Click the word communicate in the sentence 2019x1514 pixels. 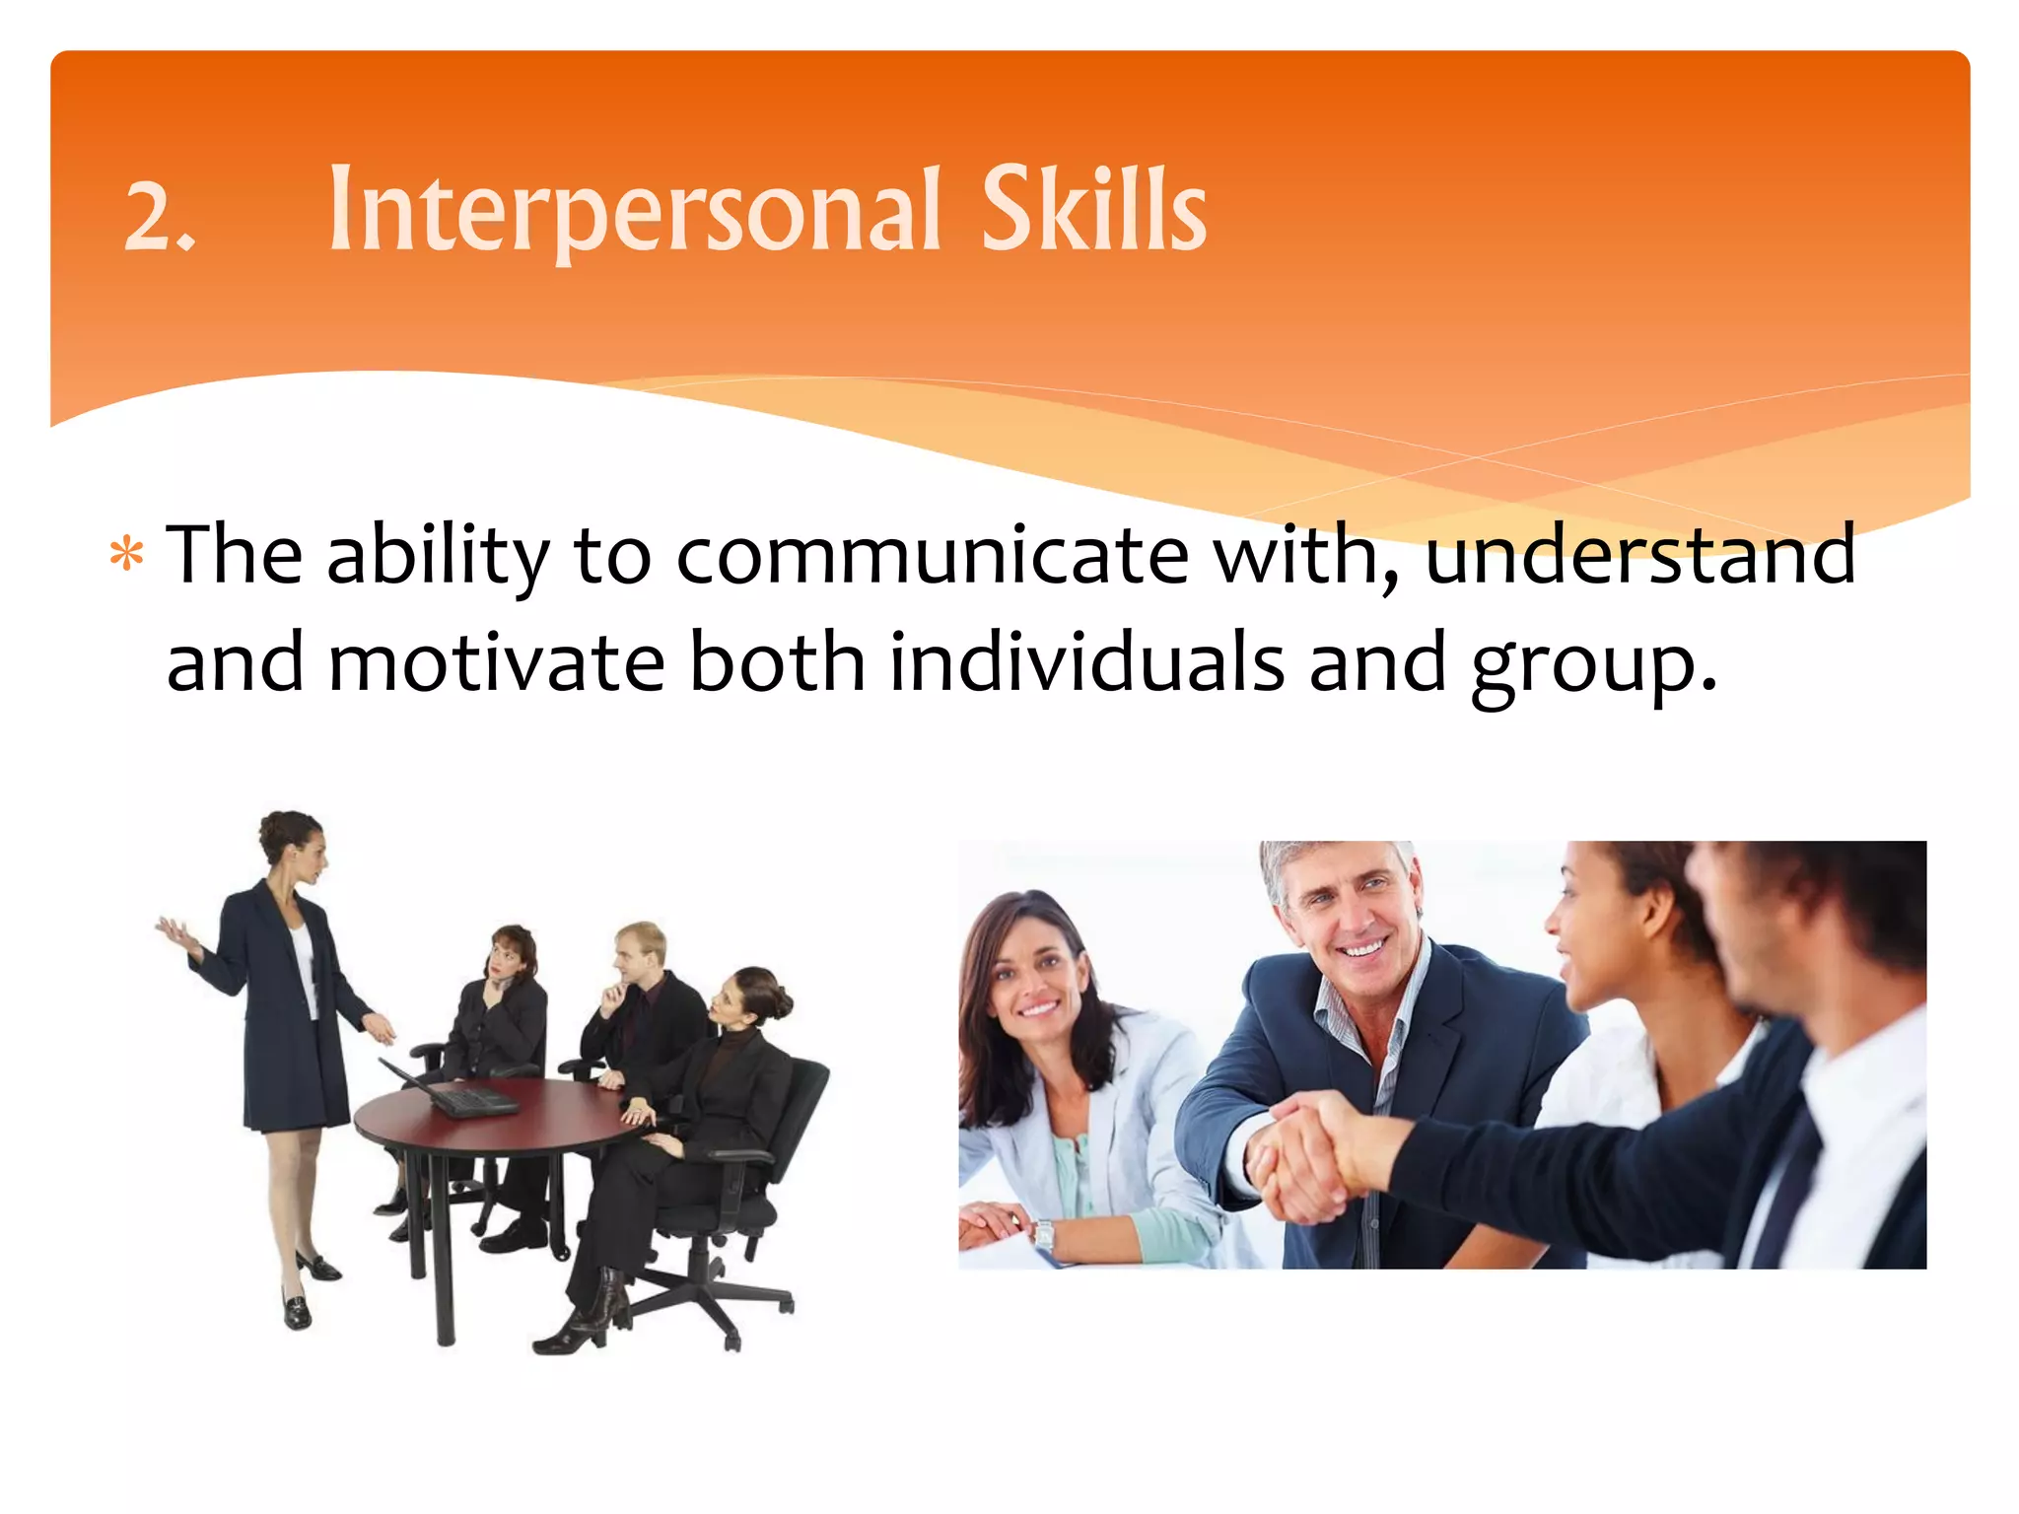(932, 555)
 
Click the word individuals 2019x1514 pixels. (1087, 662)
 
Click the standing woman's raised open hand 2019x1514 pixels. (174, 930)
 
